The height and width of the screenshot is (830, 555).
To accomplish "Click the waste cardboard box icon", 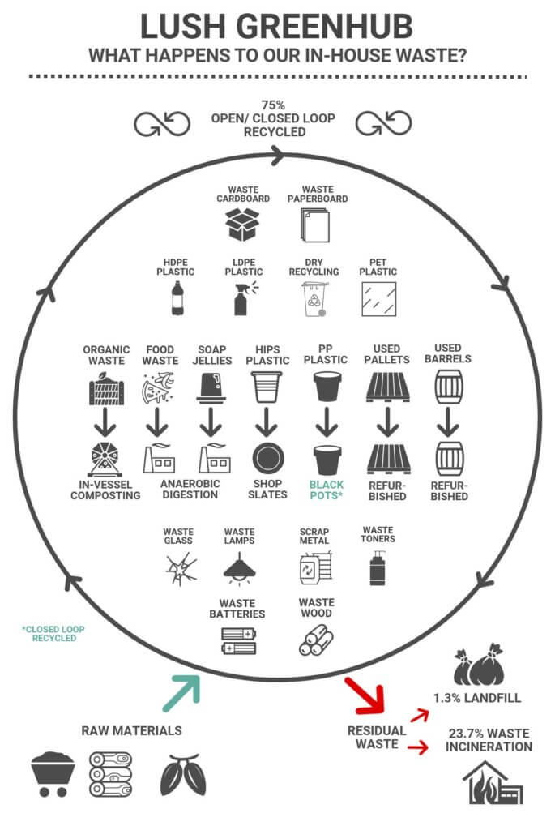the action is (242, 225).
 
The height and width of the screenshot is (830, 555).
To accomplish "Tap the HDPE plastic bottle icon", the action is (177, 298).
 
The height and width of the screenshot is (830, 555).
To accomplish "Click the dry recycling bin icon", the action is (315, 299).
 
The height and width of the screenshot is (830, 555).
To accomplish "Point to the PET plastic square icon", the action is (379, 299).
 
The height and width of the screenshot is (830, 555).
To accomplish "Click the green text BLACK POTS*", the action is (327, 490).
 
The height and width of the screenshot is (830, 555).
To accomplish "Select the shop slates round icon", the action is (267, 459).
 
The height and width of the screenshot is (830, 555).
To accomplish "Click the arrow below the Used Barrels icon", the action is (448, 421).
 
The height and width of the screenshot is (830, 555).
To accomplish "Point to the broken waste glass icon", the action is (181, 570).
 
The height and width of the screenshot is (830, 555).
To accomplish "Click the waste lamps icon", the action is (240, 568).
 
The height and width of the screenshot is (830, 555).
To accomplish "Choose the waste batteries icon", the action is (239, 640).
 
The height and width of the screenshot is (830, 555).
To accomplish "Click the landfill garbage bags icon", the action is (478, 665).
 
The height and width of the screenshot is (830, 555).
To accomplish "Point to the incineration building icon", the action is (493, 782).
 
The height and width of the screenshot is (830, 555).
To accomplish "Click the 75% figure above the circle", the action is (273, 105).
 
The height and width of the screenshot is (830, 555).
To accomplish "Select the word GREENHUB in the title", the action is (324, 27).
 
